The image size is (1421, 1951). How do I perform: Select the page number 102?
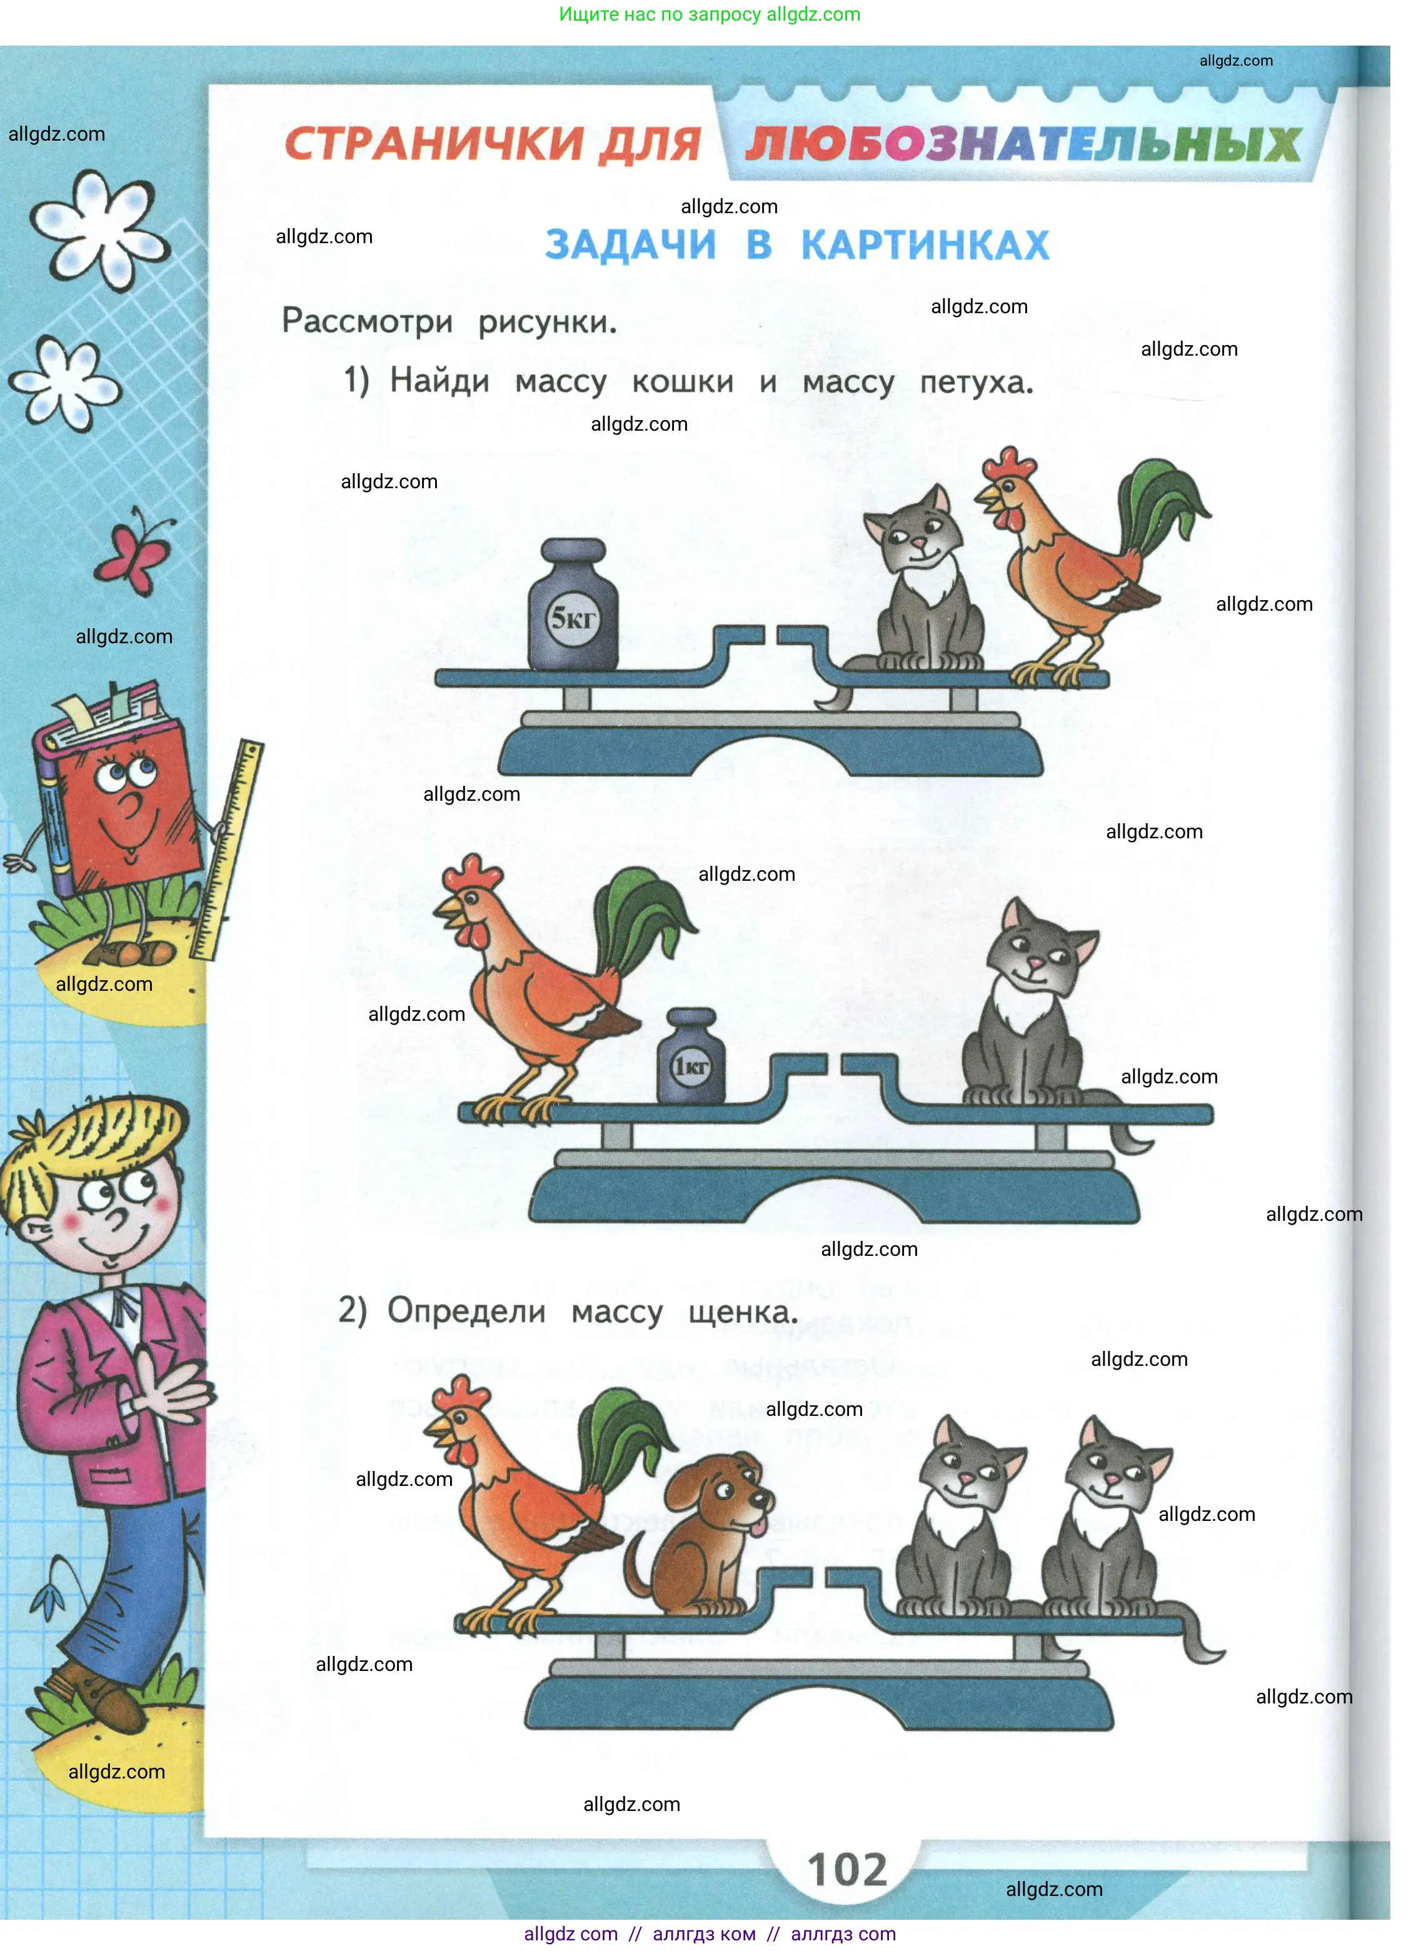coord(847,1870)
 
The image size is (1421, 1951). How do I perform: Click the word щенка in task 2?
coord(743,1313)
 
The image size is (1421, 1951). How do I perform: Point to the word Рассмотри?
coord(368,322)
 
